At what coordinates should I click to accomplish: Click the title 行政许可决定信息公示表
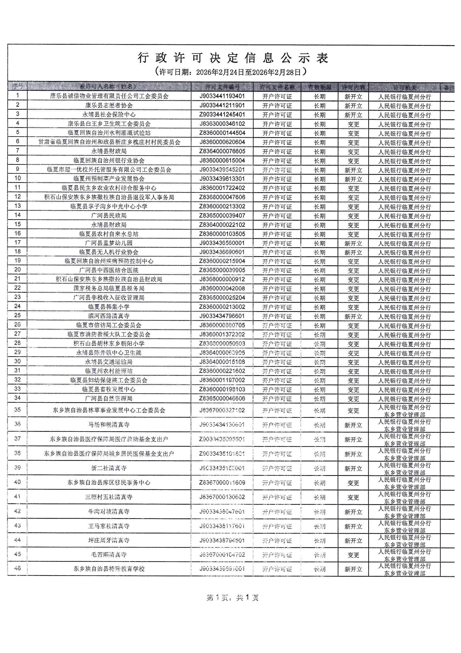tap(233, 58)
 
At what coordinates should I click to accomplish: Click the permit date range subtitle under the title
tap(231, 72)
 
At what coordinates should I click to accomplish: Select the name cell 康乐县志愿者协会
tap(109, 106)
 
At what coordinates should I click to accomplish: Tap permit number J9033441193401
tap(222, 96)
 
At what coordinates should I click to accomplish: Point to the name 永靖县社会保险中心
tap(109, 115)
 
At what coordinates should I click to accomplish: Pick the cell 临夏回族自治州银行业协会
tap(109, 161)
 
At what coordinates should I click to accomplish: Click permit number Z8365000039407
tap(222, 216)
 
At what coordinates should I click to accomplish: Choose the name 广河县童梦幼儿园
tap(109, 243)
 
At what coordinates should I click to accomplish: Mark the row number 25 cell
tap(17, 315)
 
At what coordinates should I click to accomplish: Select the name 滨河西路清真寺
tap(109, 316)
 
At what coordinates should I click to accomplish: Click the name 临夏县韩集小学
tap(109, 307)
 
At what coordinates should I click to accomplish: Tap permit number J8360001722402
tap(222, 188)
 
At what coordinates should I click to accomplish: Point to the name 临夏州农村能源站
tap(109, 371)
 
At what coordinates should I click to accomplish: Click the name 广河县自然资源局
tap(109, 399)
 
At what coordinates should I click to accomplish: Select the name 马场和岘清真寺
tap(109, 425)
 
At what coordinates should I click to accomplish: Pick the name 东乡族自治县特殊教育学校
tap(109, 569)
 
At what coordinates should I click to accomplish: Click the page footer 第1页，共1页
tap(232, 598)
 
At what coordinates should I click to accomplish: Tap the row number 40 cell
tap(17, 482)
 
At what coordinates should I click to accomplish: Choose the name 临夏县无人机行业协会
tap(109, 252)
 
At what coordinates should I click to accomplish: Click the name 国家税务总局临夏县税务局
tap(109, 289)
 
